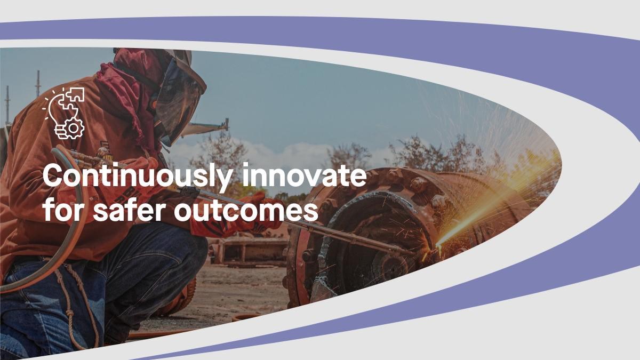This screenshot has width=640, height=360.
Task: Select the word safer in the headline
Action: click(130, 210)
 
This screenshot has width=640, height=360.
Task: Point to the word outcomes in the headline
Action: click(246, 211)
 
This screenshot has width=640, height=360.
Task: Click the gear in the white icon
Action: click(74, 129)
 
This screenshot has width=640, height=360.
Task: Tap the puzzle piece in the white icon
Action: click(75, 94)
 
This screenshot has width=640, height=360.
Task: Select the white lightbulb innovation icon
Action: click(63, 114)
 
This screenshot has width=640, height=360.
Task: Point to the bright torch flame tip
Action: click(438, 245)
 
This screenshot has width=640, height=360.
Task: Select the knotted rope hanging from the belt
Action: click(75, 303)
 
